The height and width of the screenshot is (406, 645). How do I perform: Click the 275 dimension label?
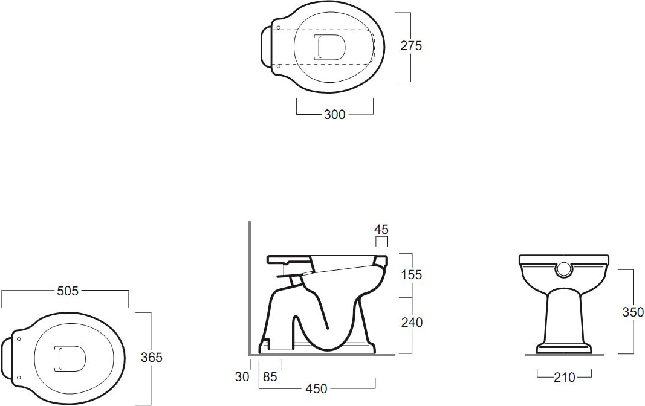[x=411, y=45]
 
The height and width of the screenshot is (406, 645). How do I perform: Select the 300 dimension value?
[x=334, y=115]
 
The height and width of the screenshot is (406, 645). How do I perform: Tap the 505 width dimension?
[x=68, y=291]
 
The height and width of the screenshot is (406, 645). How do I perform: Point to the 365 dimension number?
[x=152, y=358]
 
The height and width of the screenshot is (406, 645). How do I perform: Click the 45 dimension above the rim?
[x=381, y=230]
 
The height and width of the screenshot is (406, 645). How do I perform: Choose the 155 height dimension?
[x=412, y=274]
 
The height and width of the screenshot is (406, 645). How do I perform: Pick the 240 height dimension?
[x=412, y=322]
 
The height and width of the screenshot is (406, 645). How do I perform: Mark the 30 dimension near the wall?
[x=242, y=376]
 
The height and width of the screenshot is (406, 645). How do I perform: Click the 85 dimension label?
[x=270, y=376]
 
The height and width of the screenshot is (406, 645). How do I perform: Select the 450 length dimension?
[x=316, y=388]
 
